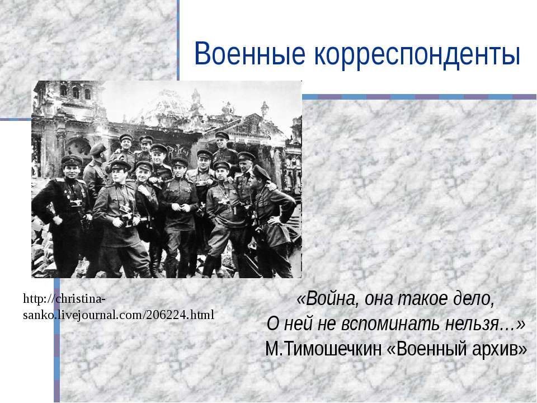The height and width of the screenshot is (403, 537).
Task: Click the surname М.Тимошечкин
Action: [x=323, y=349]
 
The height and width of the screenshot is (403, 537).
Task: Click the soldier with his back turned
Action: [x=96, y=168]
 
